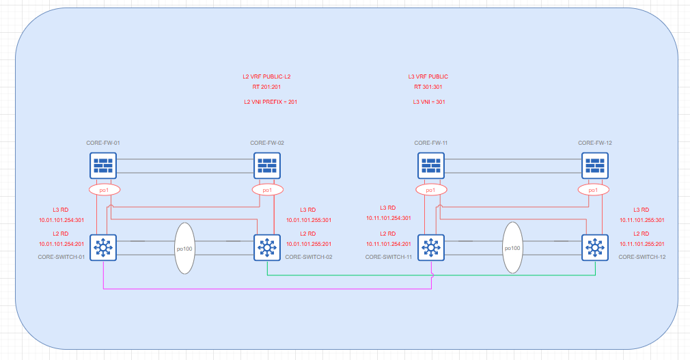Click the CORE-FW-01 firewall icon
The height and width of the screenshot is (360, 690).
pos(103,165)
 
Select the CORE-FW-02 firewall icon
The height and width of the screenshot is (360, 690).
pos(267,165)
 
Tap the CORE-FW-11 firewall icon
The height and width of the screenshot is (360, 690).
pos(431,165)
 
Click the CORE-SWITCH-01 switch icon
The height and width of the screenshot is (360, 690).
pos(103,247)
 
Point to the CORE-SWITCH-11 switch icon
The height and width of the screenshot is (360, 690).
pos(431,247)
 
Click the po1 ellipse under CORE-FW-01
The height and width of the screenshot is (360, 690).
pos(103,189)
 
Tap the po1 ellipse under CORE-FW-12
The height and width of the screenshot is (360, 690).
pos(593,189)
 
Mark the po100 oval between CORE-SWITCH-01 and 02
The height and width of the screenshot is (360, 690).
pos(184,249)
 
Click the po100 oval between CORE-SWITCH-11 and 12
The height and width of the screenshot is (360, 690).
pos(512,249)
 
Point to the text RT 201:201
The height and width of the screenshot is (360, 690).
pos(266,87)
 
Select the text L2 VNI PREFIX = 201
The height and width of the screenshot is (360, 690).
pos(271,102)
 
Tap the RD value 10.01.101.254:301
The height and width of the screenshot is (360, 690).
pos(61,221)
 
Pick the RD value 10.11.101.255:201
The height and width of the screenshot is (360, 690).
pos(643,244)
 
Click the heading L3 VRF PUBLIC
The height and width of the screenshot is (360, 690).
pos(428,77)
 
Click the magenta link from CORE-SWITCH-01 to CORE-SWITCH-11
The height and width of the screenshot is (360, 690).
pos(266,289)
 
